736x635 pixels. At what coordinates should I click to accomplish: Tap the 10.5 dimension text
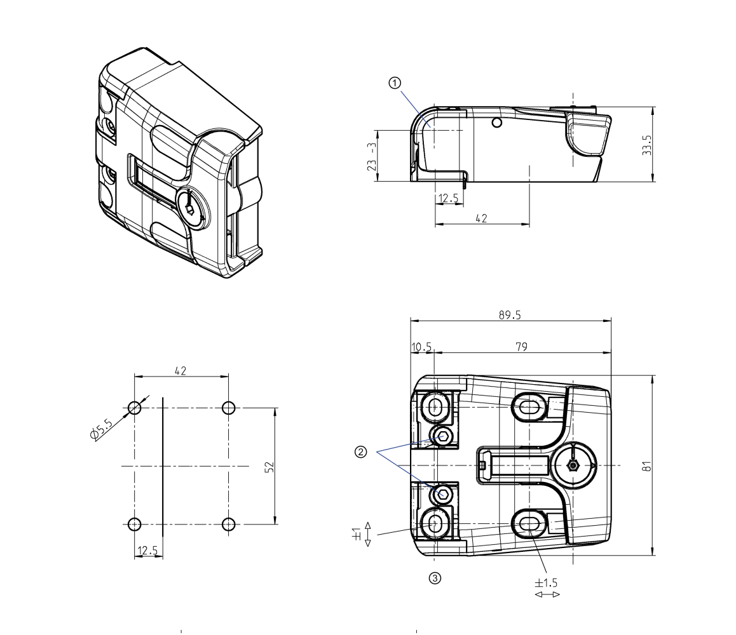tap(421, 346)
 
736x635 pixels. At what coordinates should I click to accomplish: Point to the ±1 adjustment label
tap(357, 535)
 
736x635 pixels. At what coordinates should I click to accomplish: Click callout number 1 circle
tap(395, 83)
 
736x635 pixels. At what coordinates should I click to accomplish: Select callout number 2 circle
tap(360, 451)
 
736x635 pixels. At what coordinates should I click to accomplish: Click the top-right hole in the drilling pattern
tap(229, 408)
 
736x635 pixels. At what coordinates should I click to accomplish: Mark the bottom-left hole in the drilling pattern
tap(134, 524)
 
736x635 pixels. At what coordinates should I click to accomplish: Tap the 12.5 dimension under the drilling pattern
tap(148, 551)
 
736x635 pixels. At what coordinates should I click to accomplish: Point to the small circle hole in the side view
tap(497, 122)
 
